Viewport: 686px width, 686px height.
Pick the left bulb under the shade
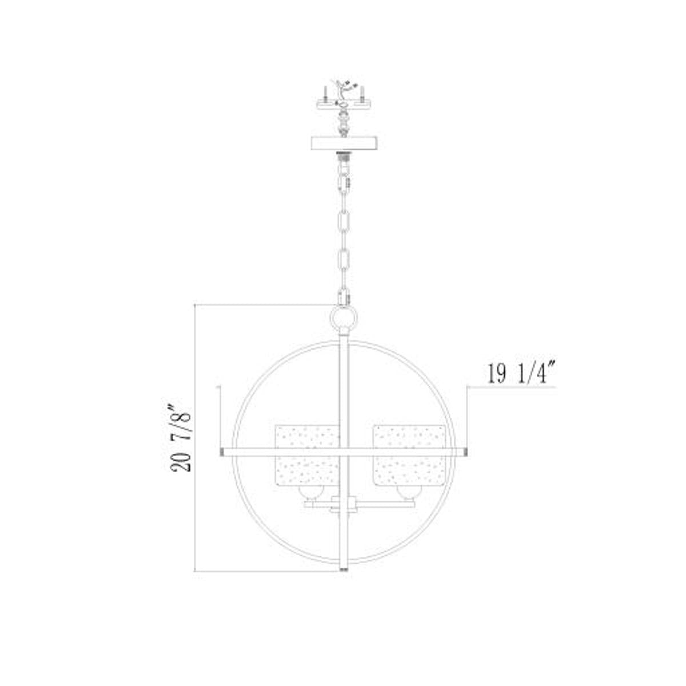pos(313,494)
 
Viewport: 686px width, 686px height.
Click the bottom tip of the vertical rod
pos(344,569)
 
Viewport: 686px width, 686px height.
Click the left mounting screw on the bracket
pos(325,93)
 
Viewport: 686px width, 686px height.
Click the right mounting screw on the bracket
pos(362,93)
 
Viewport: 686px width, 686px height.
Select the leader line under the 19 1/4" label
pos(512,387)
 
